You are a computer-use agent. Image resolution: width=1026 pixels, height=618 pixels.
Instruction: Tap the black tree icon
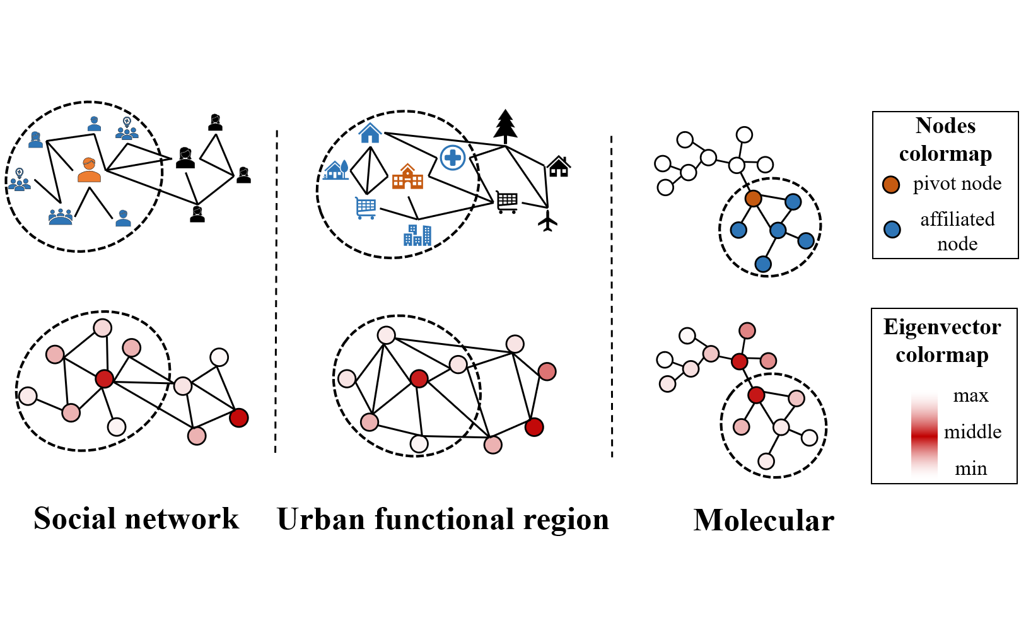(x=505, y=125)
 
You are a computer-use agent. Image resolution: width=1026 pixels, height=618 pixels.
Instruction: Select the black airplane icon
(x=547, y=221)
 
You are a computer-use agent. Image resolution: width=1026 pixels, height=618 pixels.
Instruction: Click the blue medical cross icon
(x=453, y=157)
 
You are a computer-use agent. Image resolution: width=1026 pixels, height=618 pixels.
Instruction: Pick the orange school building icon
(x=407, y=177)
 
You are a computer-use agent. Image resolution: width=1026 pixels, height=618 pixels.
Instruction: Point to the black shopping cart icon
(x=507, y=202)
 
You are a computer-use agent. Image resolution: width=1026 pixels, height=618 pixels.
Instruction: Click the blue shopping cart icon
(x=366, y=207)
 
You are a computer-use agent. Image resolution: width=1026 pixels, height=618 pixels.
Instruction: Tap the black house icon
(x=559, y=166)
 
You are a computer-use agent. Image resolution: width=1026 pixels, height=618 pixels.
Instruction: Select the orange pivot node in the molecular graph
(x=753, y=199)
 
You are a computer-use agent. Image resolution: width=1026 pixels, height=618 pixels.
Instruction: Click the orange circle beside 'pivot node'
(x=891, y=184)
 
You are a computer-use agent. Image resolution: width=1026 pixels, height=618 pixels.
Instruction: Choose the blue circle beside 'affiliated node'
(x=892, y=230)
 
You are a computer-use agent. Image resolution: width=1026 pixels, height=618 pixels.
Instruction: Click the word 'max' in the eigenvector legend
(x=971, y=396)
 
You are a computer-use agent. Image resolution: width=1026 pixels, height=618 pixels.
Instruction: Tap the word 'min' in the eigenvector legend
(x=971, y=469)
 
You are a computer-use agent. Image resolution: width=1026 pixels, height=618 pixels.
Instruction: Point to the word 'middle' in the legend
(x=972, y=432)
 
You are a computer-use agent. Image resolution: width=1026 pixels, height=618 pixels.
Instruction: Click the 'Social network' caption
(x=136, y=519)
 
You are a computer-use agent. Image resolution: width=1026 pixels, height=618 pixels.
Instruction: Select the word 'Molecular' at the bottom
(x=764, y=521)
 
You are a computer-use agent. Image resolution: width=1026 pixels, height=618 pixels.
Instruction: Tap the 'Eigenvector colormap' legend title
(x=942, y=341)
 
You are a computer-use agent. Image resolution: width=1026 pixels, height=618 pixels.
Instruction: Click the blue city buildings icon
(x=417, y=235)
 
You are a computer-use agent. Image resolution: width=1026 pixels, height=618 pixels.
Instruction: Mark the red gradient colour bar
(x=924, y=434)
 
